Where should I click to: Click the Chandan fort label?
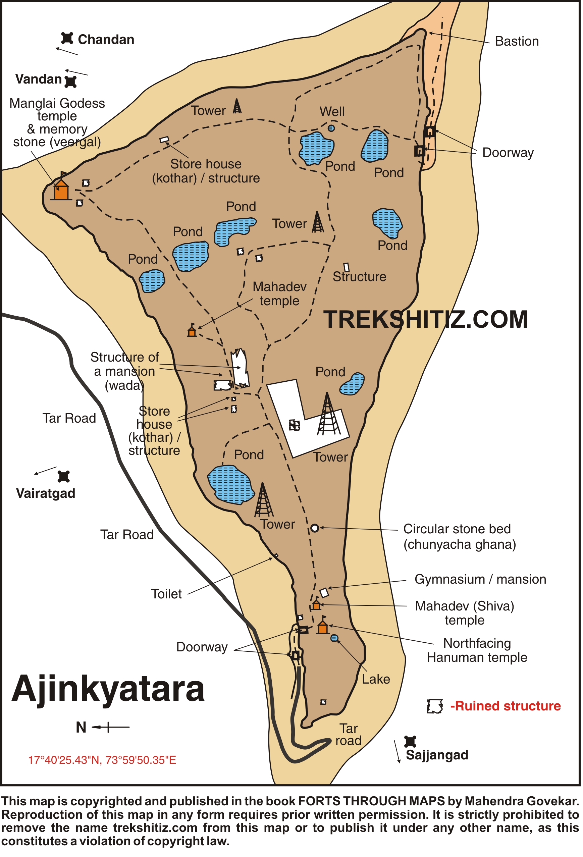point(106,40)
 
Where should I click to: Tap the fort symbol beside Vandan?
point(70,81)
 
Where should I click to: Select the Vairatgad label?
point(46,493)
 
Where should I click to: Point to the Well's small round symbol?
point(331,128)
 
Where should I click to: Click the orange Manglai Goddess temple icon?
point(61,190)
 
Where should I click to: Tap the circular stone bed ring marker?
point(315,528)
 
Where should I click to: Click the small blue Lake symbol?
point(334,638)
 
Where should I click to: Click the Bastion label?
point(516,41)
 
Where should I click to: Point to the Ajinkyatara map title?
point(108,689)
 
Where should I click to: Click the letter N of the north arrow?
point(81,728)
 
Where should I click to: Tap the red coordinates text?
point(102,760)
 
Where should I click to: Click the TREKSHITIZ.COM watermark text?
point(426,319)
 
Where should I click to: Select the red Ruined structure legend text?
point(506,706)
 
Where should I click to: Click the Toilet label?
point(166,594)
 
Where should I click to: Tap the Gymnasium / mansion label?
point(480,579)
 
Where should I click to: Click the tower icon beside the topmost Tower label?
point(237,106)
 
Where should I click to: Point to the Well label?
point(332,111)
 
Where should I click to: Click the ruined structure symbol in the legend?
point(435,706)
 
